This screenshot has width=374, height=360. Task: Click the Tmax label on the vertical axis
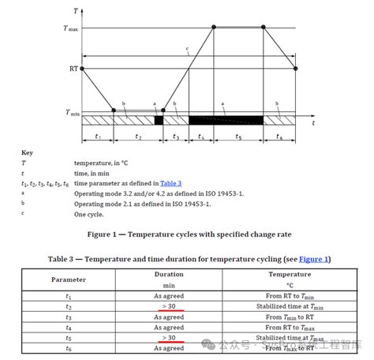pos(72,28)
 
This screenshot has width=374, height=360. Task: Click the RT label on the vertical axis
pos(73,69)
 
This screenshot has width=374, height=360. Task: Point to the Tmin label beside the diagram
pos(72,113)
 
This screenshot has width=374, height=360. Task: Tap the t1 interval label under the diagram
pos(97,137)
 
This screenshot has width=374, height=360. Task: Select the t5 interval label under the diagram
pos(237,137)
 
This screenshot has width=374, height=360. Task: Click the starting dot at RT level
pos(82,69)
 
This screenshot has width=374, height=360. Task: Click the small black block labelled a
pos(159,120)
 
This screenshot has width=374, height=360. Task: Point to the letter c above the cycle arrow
pos(187,50)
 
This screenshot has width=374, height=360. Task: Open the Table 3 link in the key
pos(170,182)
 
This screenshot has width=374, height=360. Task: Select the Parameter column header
pos(69,279)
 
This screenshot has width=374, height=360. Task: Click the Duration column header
pos(168,274)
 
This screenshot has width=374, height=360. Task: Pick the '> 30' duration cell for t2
pos(168,306)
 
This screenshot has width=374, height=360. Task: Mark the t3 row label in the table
pos(69,316)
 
